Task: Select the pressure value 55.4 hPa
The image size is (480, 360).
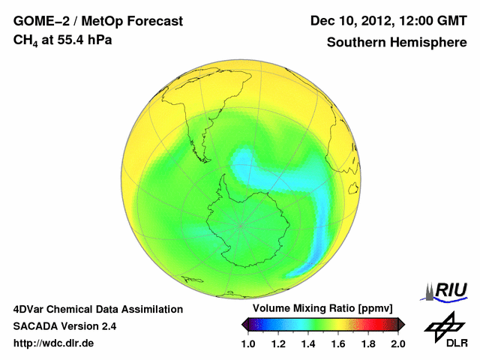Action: (x=84, y=39)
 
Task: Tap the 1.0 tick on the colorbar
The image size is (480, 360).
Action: (x=248, y=343)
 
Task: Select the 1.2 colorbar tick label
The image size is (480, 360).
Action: (x=278, y=343)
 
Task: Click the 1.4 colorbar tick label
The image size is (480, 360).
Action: (x=308, y=343)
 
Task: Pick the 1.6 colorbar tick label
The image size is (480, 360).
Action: (x=337, y=343)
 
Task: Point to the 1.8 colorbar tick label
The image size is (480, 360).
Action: (x=367, y=343)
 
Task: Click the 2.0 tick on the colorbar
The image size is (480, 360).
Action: (x=397, y=343)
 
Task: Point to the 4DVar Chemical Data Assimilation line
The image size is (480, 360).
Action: (x=97, y=309)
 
